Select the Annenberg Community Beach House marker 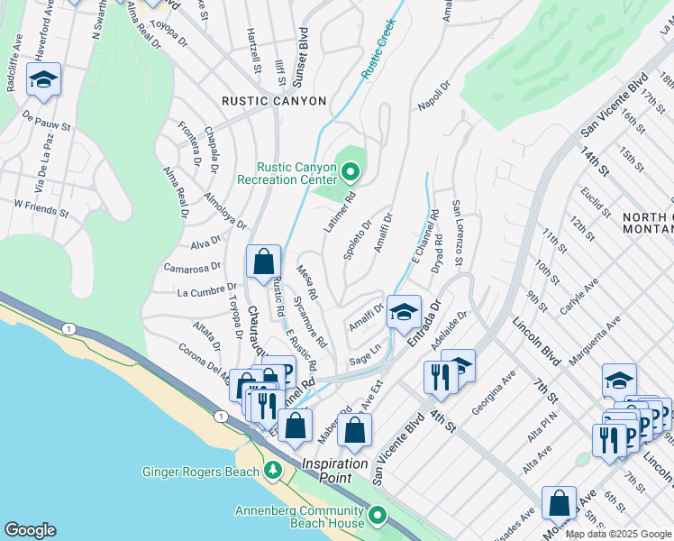(x=377, y=515)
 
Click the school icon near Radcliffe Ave (x=43, y=81)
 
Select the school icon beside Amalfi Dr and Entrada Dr (x=404, y=312)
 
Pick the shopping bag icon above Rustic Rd (x=263, y=262)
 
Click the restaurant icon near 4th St (x=440, y=376)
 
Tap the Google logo (x=30, y=529)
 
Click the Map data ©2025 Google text (x=618, y=534)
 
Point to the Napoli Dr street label (x=433, y=97)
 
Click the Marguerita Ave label (x=589, y=335)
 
